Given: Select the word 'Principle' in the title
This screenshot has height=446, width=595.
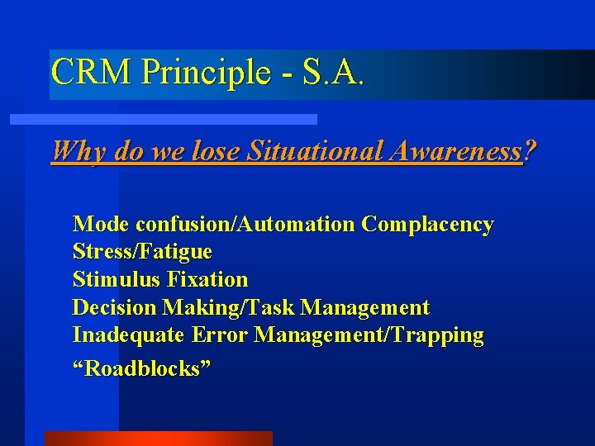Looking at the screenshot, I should pyautogui.click(x=205, y=73).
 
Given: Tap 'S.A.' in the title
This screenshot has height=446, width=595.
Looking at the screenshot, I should pyautogui.click(x=332, y=73).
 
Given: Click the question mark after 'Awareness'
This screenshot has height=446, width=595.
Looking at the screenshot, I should pyautogui.click(x=529, y=150).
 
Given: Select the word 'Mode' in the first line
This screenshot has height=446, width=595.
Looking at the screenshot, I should pyautogui.click(x=102, y=224).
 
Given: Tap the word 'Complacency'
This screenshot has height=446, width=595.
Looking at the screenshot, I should pyautogui.click(x=427, y=224).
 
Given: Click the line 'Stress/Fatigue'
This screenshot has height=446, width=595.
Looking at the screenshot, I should pyautogui.click(x=142, y=251).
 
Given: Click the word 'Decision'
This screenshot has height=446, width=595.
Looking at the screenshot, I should pyautogui.click(x=114, y=307).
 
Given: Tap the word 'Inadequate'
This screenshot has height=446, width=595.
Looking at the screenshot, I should pyautogui.click(x=129, y=334).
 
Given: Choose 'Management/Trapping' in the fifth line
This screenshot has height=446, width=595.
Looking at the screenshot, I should pyautogui.click(x=369, y=334).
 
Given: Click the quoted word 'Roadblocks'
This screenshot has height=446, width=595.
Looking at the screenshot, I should pyautogui.click(x=142, y=368).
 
